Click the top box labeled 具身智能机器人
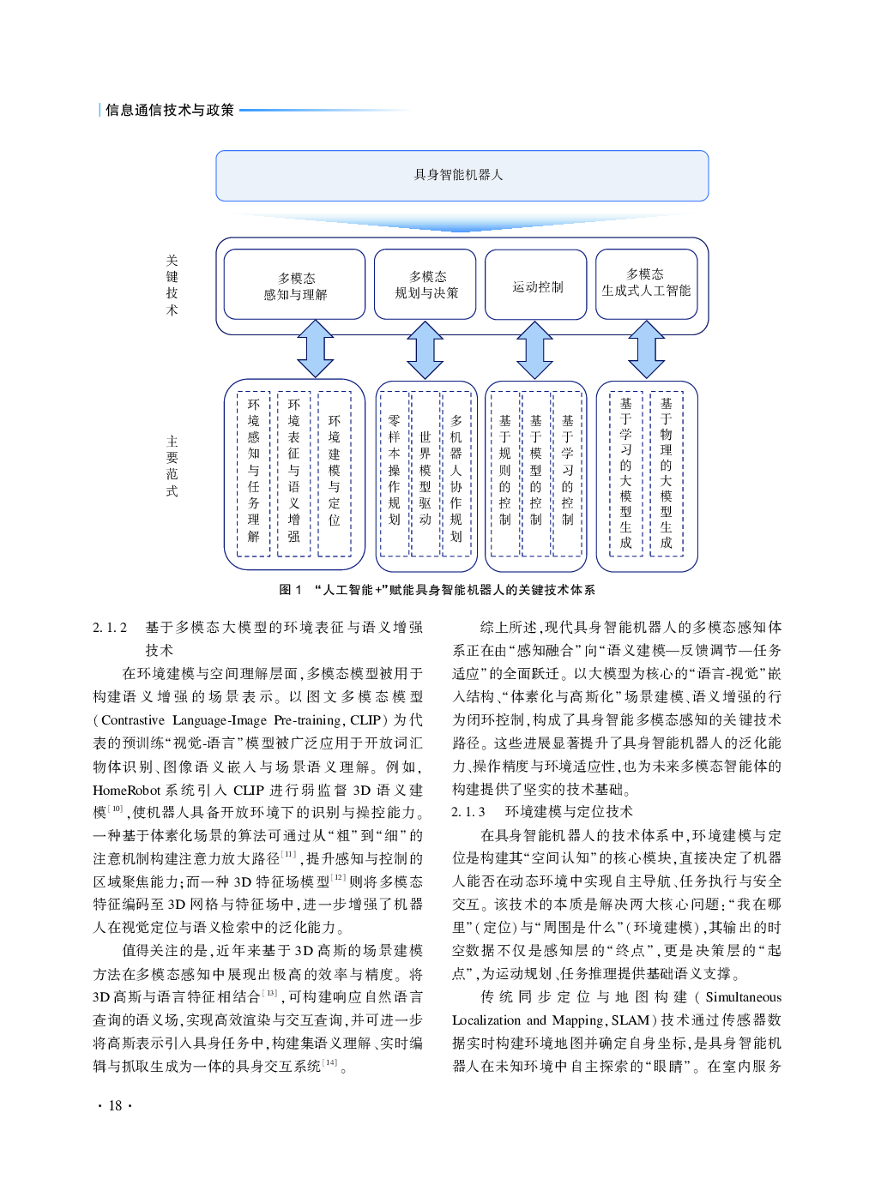(462, 176)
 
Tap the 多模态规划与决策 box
(425, 285)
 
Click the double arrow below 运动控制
(535, 350)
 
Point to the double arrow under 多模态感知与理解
(316, 349)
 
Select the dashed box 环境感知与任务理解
(253, 473)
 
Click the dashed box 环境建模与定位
(334, 473)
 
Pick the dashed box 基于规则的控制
(504, 473)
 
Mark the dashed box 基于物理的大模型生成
(666, 473)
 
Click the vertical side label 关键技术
(172, 285)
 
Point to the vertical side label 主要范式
(172, 466)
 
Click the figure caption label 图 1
(290, 590)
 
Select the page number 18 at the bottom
(115, 1105)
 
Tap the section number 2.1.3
(468, 811)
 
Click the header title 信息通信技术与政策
(170, 110)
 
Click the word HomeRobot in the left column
(127, 790)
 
